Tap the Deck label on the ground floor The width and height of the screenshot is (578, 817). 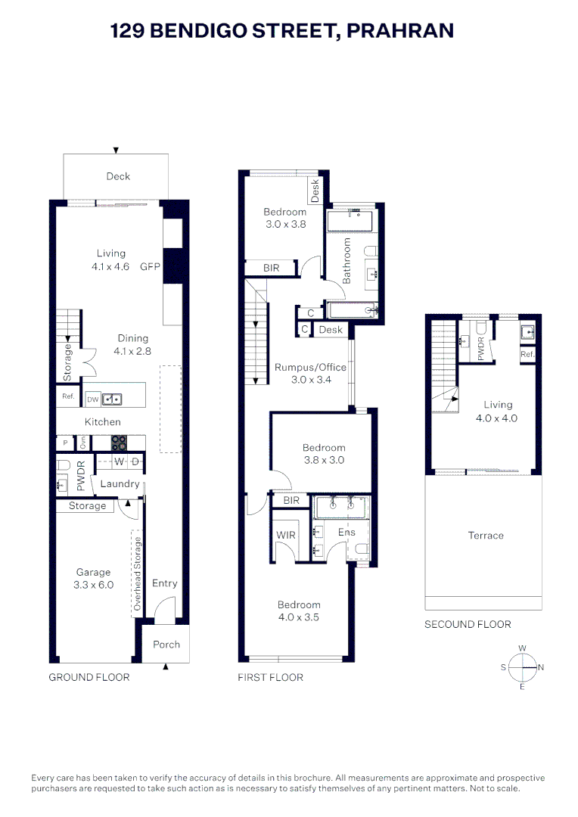(x=118, y=176)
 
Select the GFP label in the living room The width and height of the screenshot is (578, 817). (x=151, y=266)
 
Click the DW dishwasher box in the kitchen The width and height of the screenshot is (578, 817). (x=92, y=399)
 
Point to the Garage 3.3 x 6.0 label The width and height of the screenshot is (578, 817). (x=93, y=579)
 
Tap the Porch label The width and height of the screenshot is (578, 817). (x=166, y=645)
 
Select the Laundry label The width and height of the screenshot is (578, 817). (x=120, y=484)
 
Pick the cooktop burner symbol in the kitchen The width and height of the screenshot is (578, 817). (x=119, y=443)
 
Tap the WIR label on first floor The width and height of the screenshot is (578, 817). (x=287, y=535)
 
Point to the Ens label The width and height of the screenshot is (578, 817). (x=346, y=533)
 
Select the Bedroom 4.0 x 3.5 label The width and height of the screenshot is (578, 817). (x=299, y=611)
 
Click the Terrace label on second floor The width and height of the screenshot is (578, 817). (x=486, y=536)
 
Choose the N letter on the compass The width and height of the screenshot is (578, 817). (x=541, y=667)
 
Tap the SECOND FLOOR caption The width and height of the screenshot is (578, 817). (x=468, y=624)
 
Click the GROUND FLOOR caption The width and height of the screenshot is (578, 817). (x=89, y=677)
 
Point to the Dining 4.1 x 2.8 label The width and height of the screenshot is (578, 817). (x=132, y=344)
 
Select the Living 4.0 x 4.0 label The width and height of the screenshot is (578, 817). (x=498, y=411)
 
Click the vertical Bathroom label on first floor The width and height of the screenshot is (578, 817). (x=348, y=261)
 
